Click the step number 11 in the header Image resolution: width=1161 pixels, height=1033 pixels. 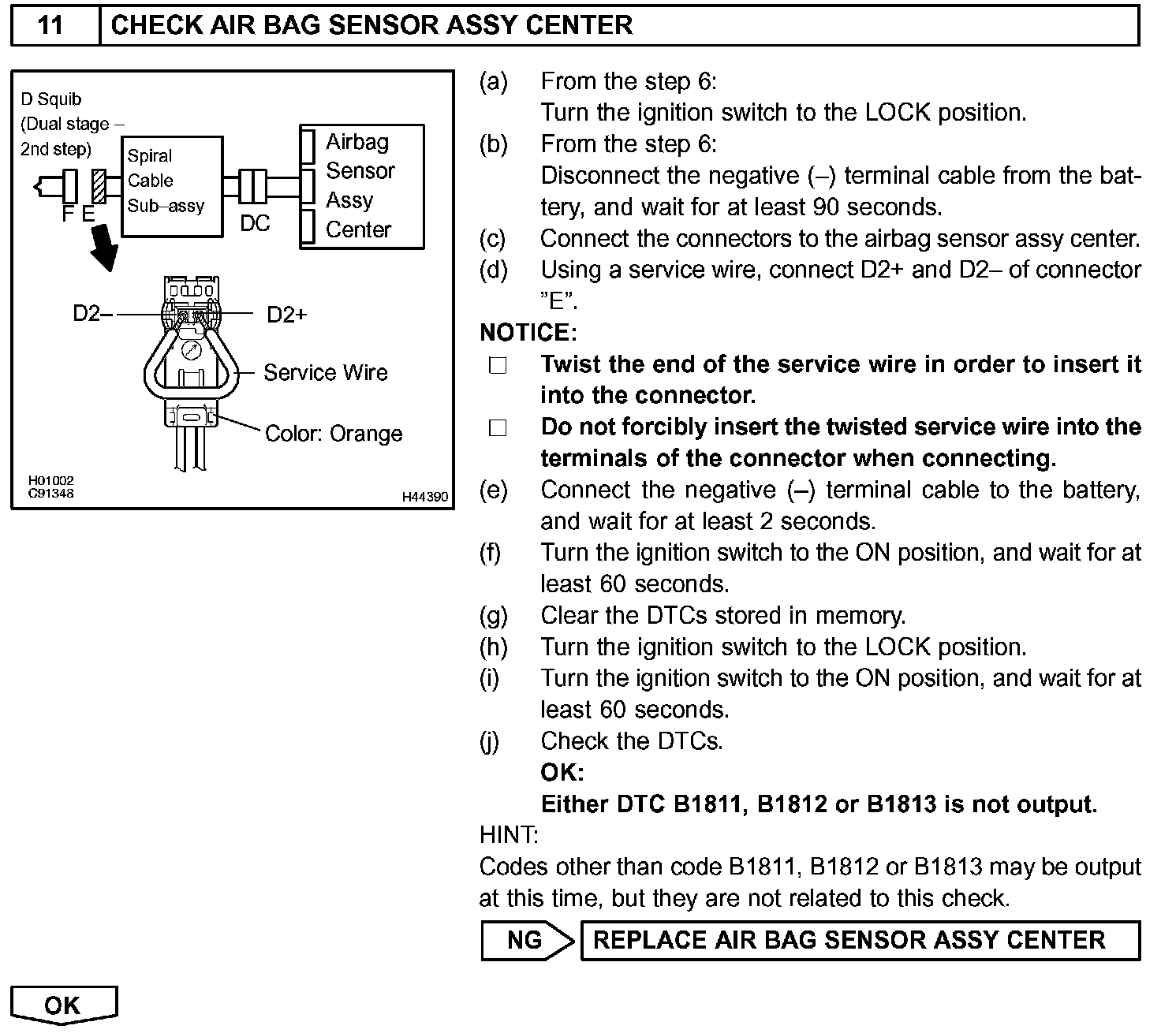tap(50, 25)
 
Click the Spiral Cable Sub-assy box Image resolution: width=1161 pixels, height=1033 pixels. tap(172, 186)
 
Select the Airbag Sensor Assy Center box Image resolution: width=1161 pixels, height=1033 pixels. tap(362, 186)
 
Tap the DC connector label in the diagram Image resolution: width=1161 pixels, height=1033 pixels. tap(255, 223)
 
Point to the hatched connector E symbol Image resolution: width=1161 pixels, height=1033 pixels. tap(99, 187)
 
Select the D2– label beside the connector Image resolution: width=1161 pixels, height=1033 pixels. tap(91, 314)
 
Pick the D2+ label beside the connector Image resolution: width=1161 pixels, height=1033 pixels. tap(287, 315)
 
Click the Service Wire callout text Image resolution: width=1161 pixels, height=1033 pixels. tap(326, 372)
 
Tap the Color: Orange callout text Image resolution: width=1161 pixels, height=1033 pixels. tap(334, 434)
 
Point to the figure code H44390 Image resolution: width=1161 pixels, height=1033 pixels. tap(425, 497)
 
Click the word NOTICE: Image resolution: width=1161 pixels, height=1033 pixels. tap(528, 333)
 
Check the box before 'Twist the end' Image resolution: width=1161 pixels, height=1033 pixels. tap(498, 366)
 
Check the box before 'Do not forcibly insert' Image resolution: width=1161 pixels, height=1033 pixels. tap(498, 428)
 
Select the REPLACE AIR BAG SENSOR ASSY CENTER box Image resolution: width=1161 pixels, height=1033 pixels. tap(860, 940)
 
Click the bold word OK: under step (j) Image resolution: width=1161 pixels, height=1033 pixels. tap(562, 772)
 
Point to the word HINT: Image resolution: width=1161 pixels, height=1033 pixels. tap(509, 834)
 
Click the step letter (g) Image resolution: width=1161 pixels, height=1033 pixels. tap(494, 616)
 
